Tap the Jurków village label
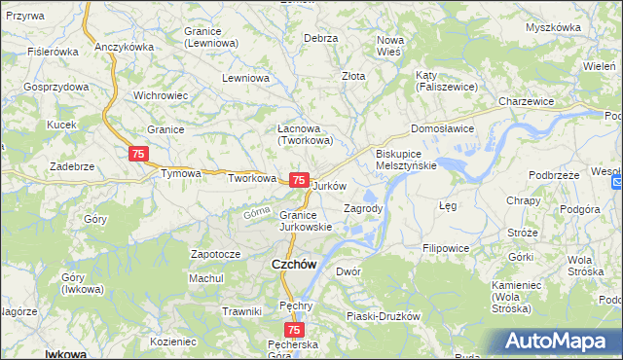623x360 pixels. point(331,185)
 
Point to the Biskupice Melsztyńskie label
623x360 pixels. point(406,160)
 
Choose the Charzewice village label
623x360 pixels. point(526,101)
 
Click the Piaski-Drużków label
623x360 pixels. point(383,316)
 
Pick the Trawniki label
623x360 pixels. point(241,311)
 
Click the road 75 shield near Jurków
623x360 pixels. point(300,181)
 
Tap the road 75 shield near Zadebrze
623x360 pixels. point(138,154)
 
